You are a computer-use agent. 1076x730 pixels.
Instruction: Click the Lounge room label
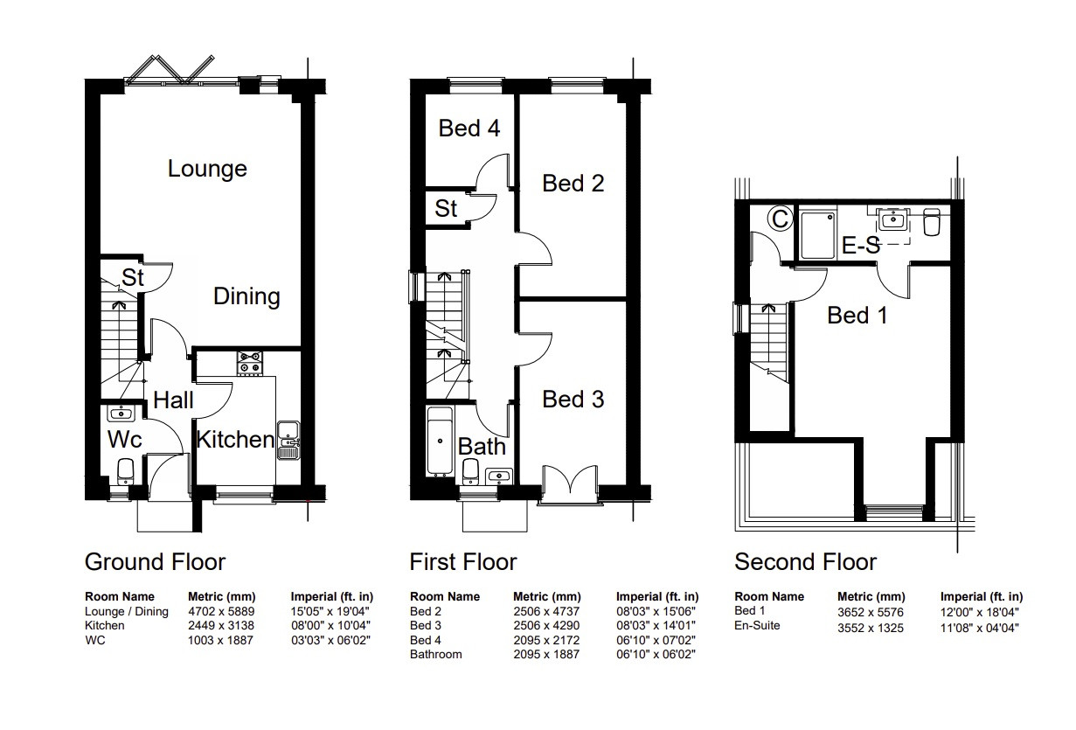coord(207,169)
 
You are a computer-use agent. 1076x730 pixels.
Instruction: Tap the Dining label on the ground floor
coord(246,296)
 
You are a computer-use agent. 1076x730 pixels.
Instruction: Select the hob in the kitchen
coord(249,363)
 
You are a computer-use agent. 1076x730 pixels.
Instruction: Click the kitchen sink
coord(288,441)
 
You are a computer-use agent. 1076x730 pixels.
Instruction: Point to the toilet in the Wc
coord(126,471)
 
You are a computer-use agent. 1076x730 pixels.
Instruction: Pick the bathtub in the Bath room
coord(440,441)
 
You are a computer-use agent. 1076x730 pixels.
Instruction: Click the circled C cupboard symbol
coord(780,219)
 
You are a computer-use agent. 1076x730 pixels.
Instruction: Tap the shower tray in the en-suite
coord(817,236)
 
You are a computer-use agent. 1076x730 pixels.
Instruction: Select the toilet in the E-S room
coord(932,221)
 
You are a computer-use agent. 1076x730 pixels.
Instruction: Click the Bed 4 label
coord(469,129)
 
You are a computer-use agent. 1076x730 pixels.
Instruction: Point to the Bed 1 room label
coord(857,316)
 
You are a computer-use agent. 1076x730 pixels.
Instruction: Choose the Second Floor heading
coord(806,562)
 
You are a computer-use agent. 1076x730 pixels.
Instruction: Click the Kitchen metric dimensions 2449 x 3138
coord(221,626)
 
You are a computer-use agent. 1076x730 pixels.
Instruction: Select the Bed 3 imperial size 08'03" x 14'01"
coord(656,626)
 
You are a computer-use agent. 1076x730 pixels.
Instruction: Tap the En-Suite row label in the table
coord(757,626)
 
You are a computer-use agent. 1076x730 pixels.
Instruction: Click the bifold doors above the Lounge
coord(183,71)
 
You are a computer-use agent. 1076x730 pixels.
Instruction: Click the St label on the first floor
coord(446,209)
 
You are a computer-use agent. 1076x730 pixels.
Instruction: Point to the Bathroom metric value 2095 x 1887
coord(546,654)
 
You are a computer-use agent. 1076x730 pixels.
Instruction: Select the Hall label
coord(173,400)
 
